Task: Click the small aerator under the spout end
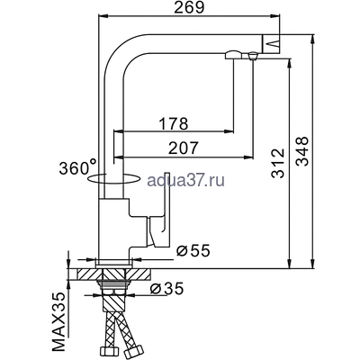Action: click(247, 58)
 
